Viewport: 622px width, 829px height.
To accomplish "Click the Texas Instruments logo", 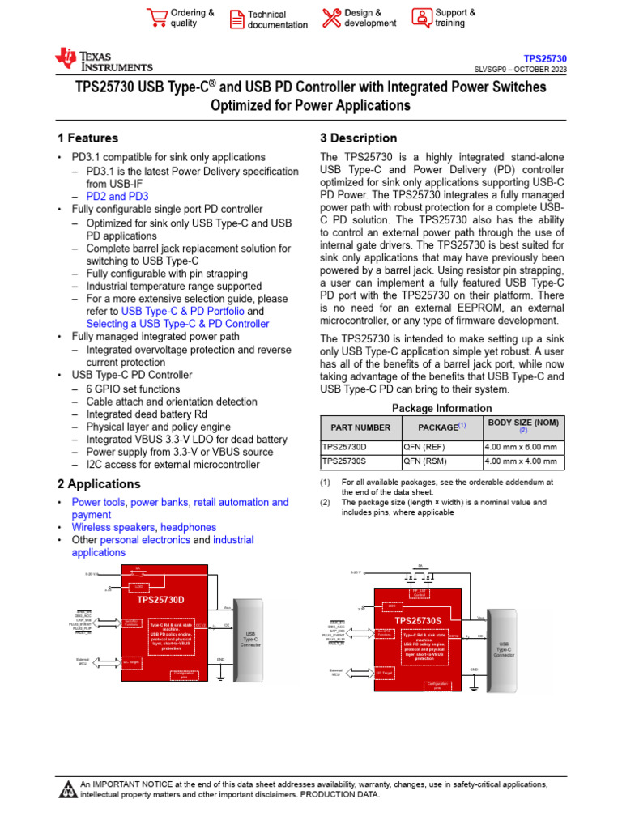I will [x=103, y=59].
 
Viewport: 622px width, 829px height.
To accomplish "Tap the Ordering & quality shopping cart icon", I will [x=157, y=18].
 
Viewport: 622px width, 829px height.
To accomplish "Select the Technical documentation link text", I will [x=277, y=19].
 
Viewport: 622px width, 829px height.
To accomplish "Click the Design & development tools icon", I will [x=331, y=18].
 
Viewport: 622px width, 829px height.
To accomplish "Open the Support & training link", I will [x=455, y=18].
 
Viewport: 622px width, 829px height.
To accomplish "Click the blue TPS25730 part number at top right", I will [x=545, y=59].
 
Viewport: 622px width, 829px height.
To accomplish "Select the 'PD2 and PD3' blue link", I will [x=117, y=197].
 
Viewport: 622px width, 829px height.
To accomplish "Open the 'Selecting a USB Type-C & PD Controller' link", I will [x=177, y=324].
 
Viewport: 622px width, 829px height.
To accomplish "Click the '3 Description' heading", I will [x=359, y=138].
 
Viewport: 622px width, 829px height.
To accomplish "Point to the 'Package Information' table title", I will [x=441, y=408].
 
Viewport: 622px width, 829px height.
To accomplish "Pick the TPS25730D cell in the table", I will [x=344, y=447].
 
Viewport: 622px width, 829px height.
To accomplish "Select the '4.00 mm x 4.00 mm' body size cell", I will [x=520, y=462].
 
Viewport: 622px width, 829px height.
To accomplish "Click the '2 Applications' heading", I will [x=99, y=484].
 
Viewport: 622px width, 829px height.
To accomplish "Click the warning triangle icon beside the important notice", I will [x=66, y=789].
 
